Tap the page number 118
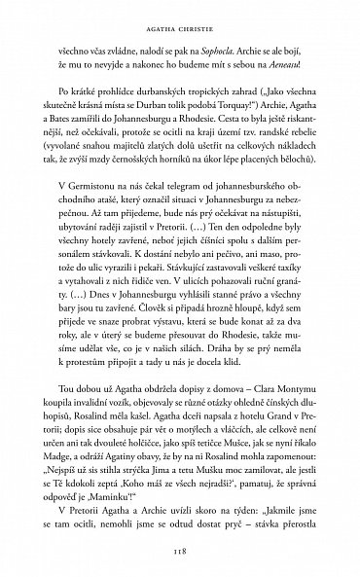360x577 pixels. coord(180,548)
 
